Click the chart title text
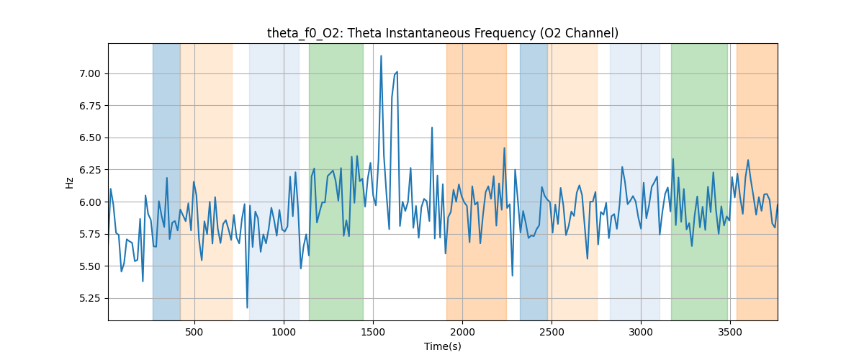pos(442,33)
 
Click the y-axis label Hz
pos(70,182)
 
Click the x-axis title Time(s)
pos(442,346)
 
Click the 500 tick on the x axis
pos(194,331)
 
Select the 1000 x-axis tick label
pos(284,331)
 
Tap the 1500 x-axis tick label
pos(373,331)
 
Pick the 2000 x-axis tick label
pos(462,331)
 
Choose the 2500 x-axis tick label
pos(552,331)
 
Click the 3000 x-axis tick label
pos(641,331)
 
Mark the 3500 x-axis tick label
pos(730,331)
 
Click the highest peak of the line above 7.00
pos(381,55)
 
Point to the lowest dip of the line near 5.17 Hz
pos(247,307)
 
